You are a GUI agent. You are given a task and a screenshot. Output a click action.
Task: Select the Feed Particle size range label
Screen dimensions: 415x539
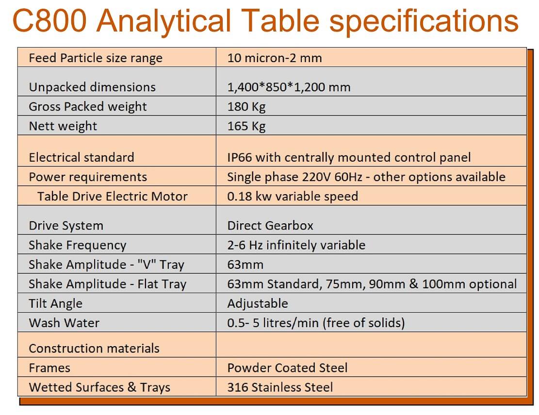click(x=96, y=58)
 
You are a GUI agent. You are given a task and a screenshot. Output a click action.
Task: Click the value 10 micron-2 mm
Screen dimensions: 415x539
click(x=275, y=58)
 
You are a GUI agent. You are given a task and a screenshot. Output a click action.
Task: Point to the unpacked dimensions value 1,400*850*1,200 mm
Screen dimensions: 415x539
click(x=289, y=87)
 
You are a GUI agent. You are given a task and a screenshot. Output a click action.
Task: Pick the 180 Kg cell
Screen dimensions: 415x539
click(x=246, y=107)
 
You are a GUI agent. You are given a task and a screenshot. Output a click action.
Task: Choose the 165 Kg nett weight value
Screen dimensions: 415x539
click(x=246, y=126)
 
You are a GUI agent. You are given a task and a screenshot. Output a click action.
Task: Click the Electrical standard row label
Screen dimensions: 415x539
click(x=82, y=157)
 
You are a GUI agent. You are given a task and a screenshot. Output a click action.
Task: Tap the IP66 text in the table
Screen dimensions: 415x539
click(x=240, y=157)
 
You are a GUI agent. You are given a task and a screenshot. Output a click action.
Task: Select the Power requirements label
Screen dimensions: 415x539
click(x=88, y=177)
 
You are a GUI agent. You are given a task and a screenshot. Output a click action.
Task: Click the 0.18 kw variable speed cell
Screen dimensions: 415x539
click(x=293, y=196)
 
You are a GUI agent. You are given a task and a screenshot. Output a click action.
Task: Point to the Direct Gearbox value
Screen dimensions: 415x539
click(x=270, y=226)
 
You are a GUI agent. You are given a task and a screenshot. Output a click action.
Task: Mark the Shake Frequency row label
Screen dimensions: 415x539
click(x=78, y=245)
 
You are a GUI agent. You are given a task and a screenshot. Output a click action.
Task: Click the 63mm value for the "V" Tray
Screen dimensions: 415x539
click(x=245, y=265)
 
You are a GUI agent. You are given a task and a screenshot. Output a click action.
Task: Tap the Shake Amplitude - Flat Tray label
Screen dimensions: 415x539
click(x=108, y=284)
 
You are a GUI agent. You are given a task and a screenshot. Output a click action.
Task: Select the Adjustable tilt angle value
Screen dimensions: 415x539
click(x=258, y=303)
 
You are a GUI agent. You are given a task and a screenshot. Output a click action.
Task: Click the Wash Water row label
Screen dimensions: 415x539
click(x=64, y=323)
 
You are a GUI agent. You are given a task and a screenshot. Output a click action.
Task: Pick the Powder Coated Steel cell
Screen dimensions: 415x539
click(x=287, y=368)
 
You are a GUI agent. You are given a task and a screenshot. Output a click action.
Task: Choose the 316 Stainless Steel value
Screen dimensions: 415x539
click(x=280, y=387)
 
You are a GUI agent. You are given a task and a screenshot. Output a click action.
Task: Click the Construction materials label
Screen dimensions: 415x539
click(x=94, y=349)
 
